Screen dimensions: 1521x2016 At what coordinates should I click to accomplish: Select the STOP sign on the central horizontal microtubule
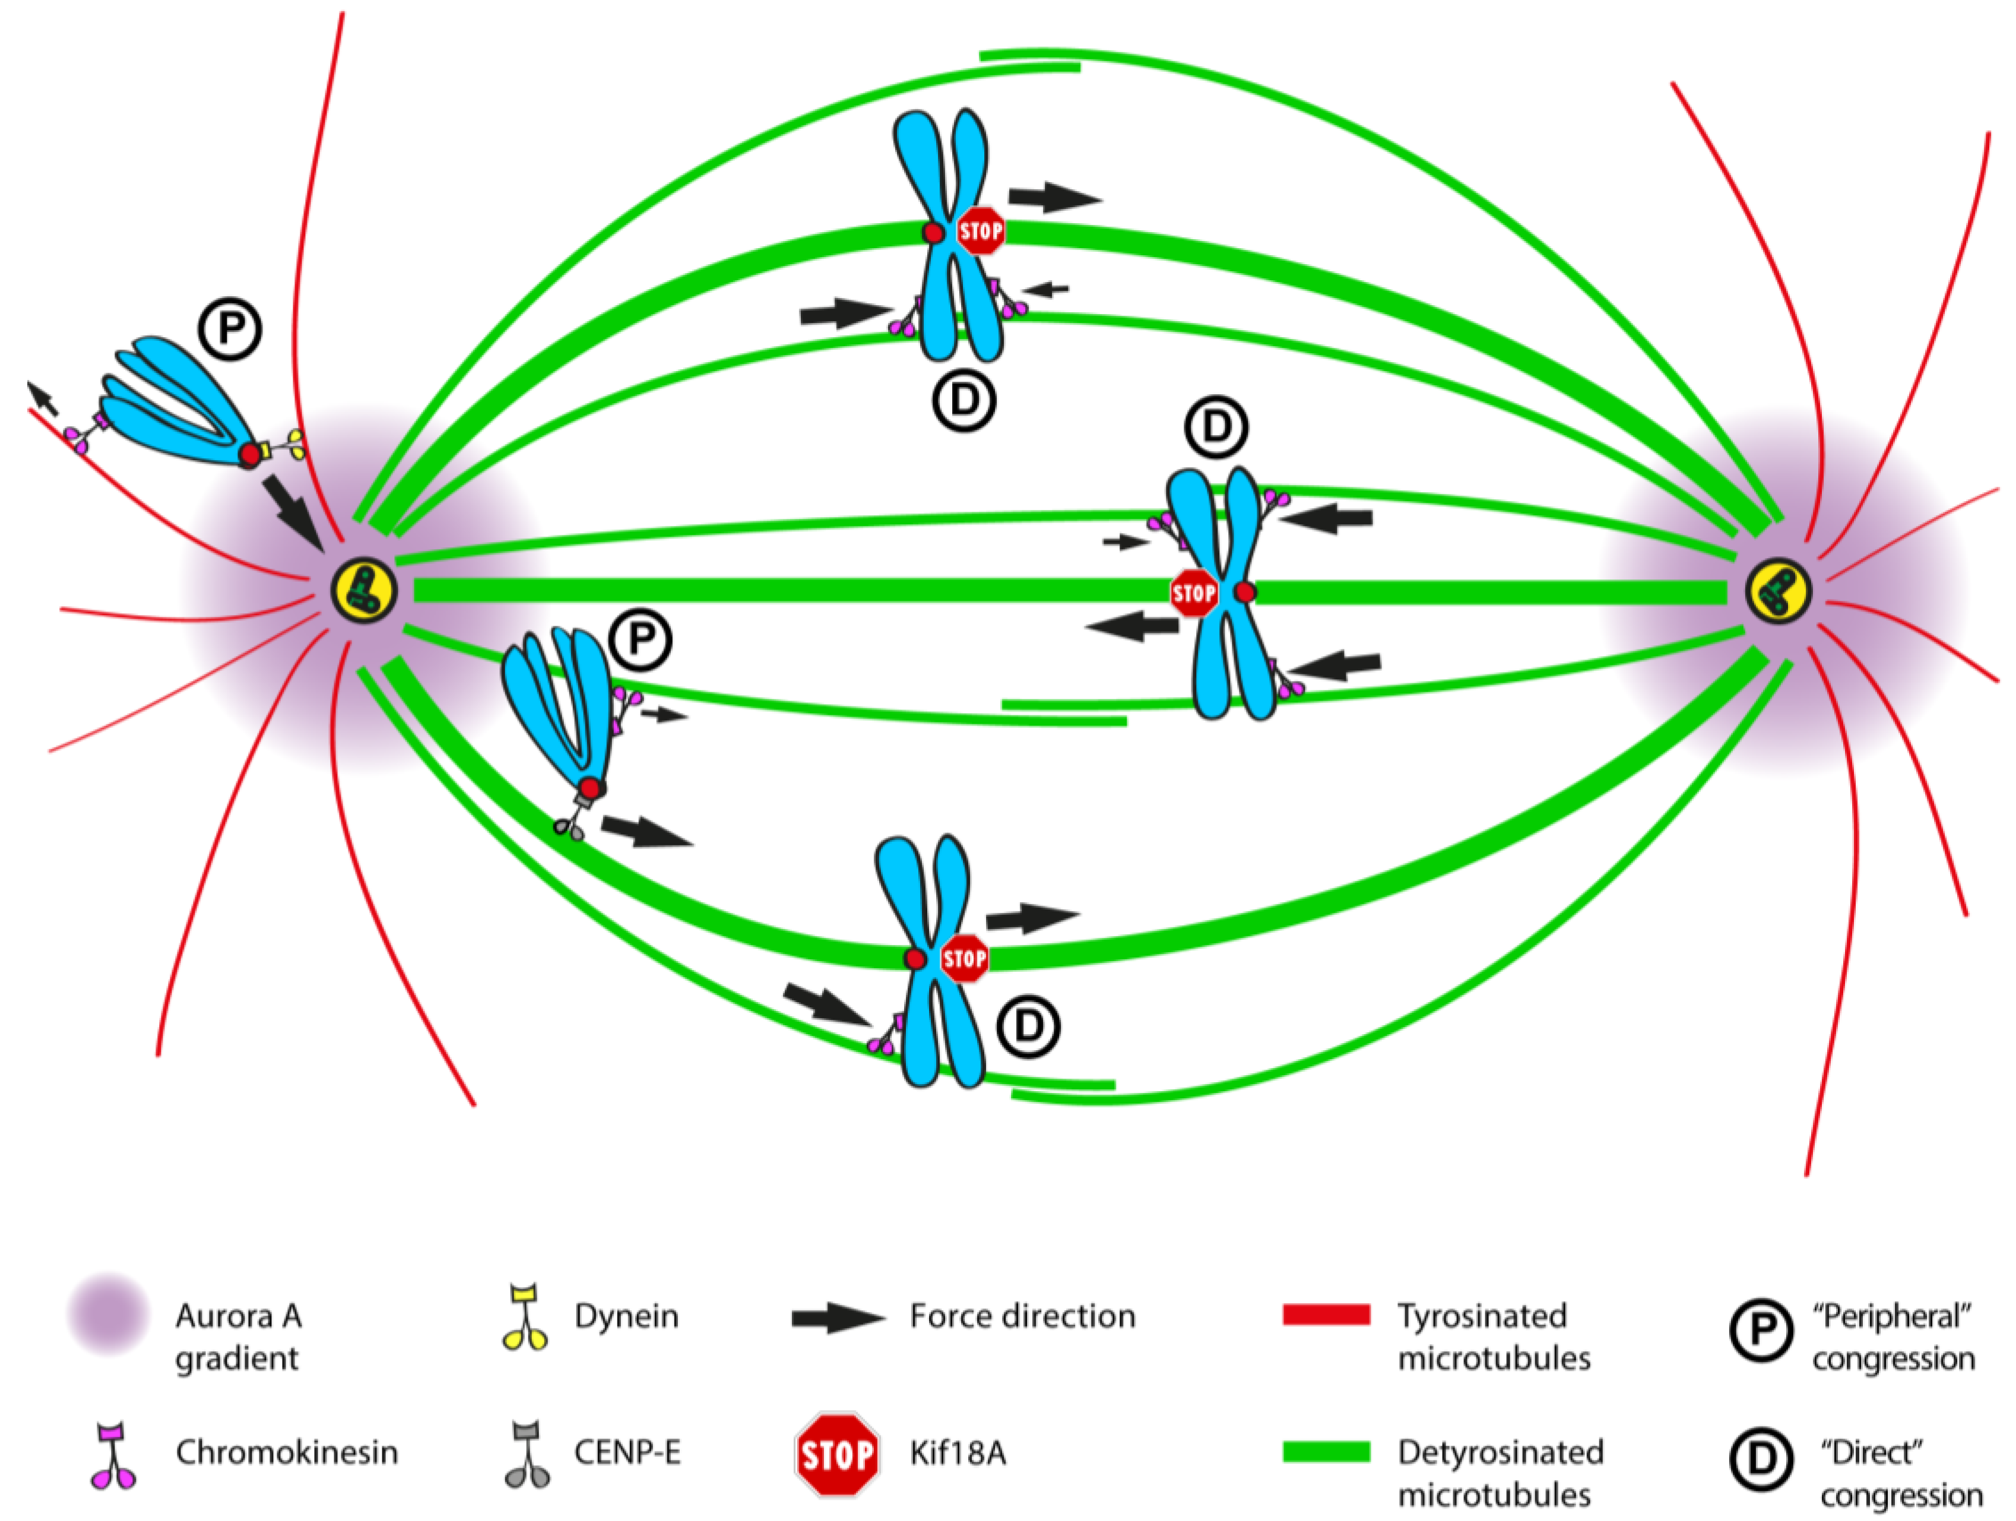(1193, 593)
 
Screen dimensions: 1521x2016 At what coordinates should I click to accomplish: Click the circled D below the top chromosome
(964, 400)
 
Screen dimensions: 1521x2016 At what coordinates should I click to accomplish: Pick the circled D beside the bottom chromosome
(1028, 1026)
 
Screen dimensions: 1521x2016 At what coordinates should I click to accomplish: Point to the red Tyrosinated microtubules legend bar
(1326, 1314)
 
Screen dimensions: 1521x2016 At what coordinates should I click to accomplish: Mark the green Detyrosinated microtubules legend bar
(1326, 1452)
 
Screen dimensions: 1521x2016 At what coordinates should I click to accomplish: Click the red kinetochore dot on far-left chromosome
(249, 454)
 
